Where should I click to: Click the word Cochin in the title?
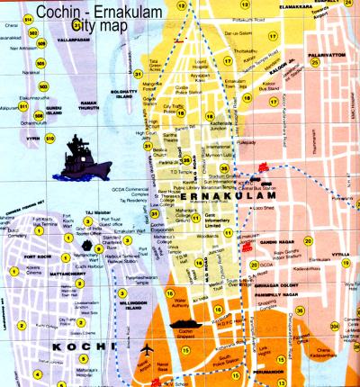64,11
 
